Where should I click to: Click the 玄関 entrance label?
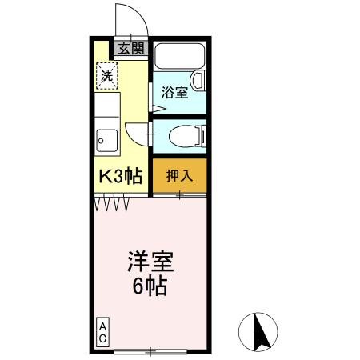tap(131, 48)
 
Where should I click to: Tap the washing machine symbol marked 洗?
tap(107, 77)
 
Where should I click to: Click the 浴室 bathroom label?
tap(174, 93)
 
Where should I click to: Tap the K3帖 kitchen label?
tap(120, 177)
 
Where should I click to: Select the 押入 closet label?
tap(178, 176)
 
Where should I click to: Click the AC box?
tap(103, 333)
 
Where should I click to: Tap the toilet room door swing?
tap(138, 134)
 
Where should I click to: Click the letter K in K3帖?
tap(105, 177)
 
